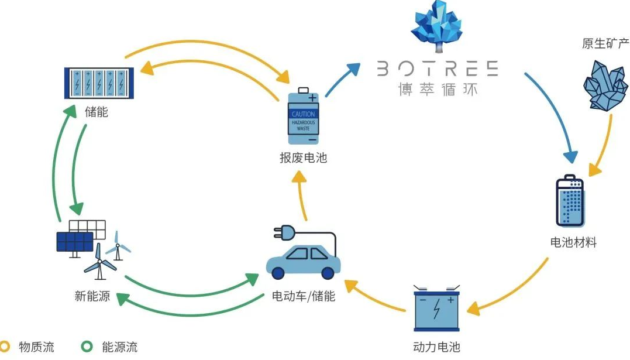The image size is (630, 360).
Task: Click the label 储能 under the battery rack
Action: click(x=97, y=111)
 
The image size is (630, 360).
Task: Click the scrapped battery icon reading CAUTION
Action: click(x=302, y=116)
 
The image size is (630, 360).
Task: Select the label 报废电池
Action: click(x=303, y=158)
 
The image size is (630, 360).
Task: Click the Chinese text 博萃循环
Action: click(x=436, y=90)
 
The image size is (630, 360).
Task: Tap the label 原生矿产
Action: click(x=605, y=44)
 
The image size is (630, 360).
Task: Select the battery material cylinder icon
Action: click(x=569, y=201)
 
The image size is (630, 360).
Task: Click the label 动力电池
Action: click(x=436, y=347)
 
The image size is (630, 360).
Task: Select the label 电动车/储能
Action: click(x=304, y=296)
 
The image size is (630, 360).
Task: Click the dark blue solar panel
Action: click(x=74, y=241)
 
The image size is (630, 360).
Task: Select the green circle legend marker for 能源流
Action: click(x=87, y=347)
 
